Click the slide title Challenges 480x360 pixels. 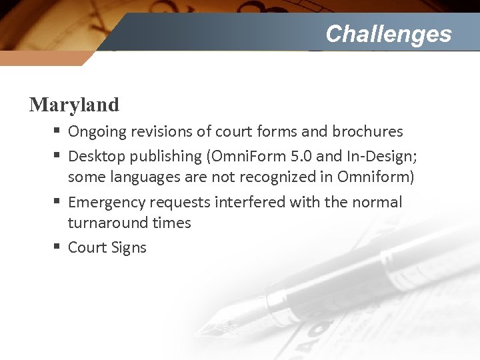coord(388,33)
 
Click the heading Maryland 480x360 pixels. coord(74,105)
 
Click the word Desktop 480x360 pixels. coord(97,157)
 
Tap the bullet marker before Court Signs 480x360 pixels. coord(57,247)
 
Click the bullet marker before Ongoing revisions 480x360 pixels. coord(57,131)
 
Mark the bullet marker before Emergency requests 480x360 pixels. coord(57,201)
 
